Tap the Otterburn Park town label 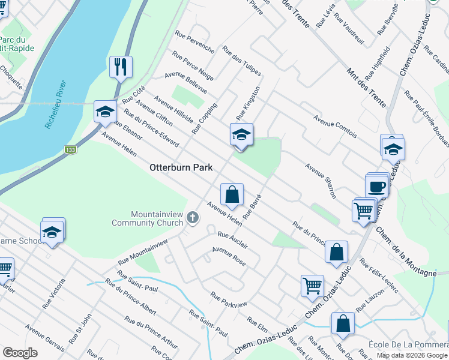[182, 169]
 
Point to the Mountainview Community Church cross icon [192, 217]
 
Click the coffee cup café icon [377, 187]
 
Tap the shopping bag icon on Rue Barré [232, 194]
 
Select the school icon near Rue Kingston [241, 134]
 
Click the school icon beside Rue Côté [105, 112]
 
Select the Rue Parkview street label [228, 300]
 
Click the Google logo [20, 353]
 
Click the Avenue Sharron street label [321, 181]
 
